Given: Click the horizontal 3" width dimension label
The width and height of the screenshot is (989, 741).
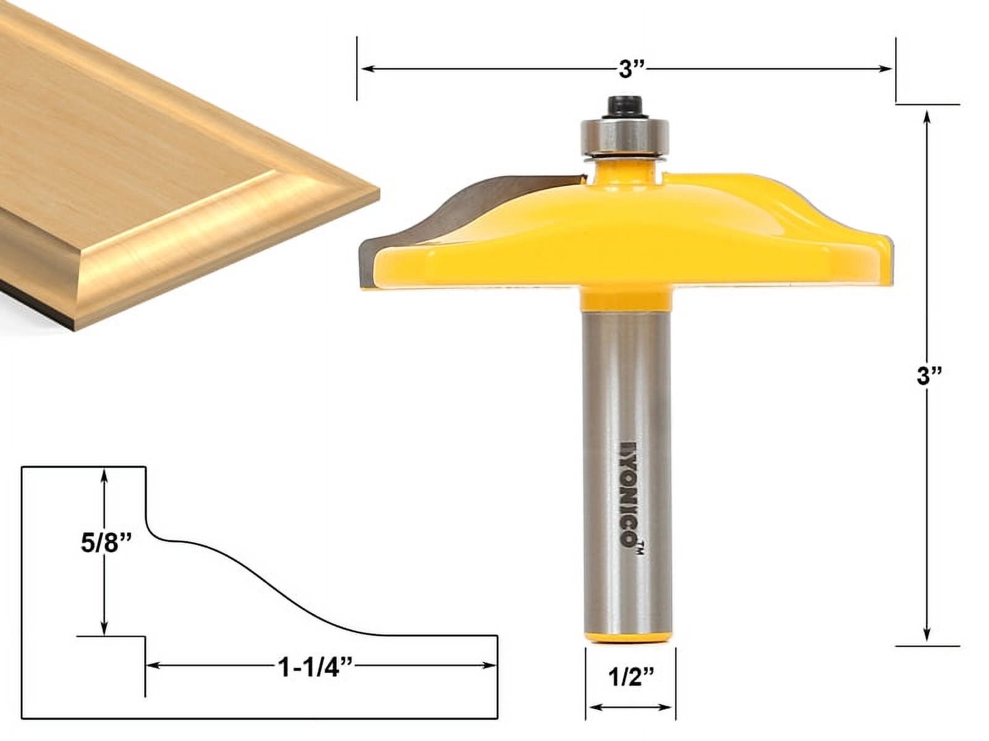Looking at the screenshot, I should [x=628, y=69].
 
